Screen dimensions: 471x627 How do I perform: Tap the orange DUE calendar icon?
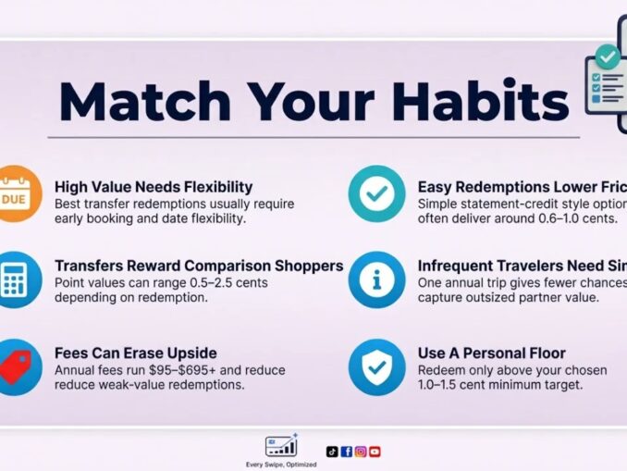(x=14, y=193)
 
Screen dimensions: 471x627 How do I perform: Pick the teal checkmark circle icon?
(x=375, y=193)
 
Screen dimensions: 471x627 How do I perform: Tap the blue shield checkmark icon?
(x=375, y=366)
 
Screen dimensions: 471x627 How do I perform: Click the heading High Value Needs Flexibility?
(x=154, y=186)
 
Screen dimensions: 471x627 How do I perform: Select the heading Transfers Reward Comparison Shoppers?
(x=199, y=266)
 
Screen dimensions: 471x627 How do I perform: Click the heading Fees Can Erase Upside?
(x=135, y=353)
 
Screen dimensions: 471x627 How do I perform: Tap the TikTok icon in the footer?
(x=332, y=452)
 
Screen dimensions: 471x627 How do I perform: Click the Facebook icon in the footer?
(x=346, y=452)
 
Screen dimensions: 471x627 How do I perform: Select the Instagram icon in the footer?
(x=361, y=452)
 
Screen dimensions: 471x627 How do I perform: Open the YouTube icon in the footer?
(x=375, y=452)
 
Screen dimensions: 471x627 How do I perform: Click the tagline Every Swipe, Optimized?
(x=281, y=464)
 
